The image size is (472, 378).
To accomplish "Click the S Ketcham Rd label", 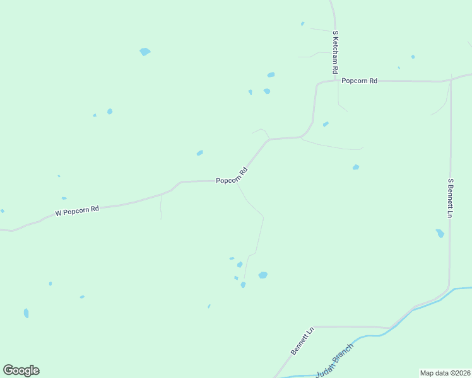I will (336, 52).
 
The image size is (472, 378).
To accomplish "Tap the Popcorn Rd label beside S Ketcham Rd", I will (359, 81).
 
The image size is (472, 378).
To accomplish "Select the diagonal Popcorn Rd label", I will (231, 176).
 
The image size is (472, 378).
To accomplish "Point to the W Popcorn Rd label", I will (77, 210).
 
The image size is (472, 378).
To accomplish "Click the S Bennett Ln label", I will (451, 198).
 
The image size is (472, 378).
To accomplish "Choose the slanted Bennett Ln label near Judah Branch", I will (302, 341).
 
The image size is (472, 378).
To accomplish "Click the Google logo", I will (21, 370).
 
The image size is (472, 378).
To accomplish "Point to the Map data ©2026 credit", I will (445, 373).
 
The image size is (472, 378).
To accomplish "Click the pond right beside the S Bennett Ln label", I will (440, 233).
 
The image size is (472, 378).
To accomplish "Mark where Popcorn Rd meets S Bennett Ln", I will (451, 80).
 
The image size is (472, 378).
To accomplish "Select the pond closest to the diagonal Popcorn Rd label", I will (200, 152).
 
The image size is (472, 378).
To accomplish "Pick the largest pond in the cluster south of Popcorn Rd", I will (263, 275).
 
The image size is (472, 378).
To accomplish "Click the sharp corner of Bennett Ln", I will (314, 327).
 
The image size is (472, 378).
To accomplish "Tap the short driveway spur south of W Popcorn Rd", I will (161, 207).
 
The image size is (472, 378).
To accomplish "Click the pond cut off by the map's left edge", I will (2, 211).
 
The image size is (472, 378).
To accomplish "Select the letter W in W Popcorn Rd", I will (58, 214).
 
